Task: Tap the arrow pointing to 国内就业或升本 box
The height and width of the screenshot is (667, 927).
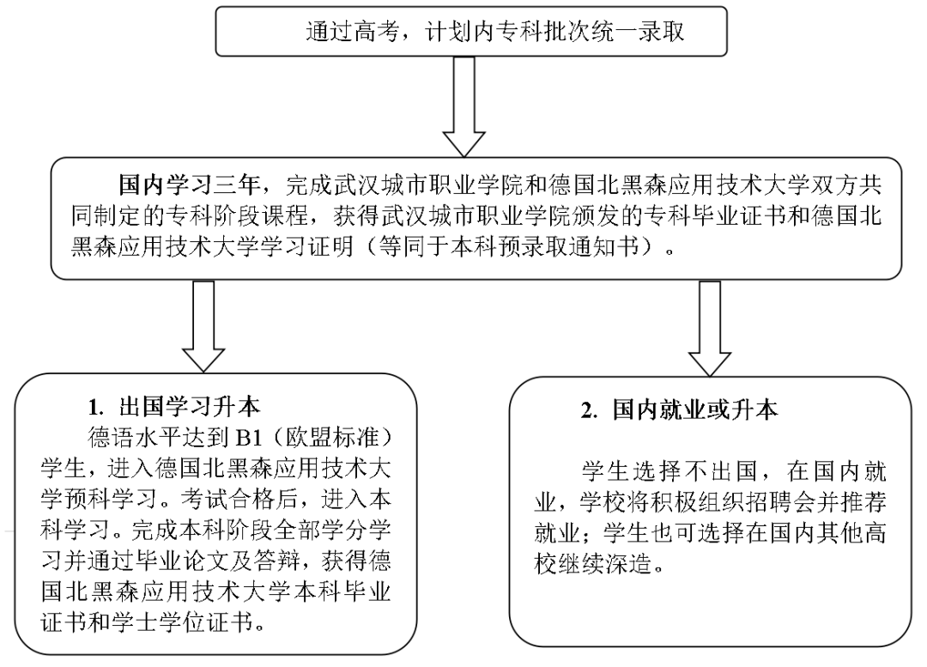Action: pyautogui.click(x=709, y=326)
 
